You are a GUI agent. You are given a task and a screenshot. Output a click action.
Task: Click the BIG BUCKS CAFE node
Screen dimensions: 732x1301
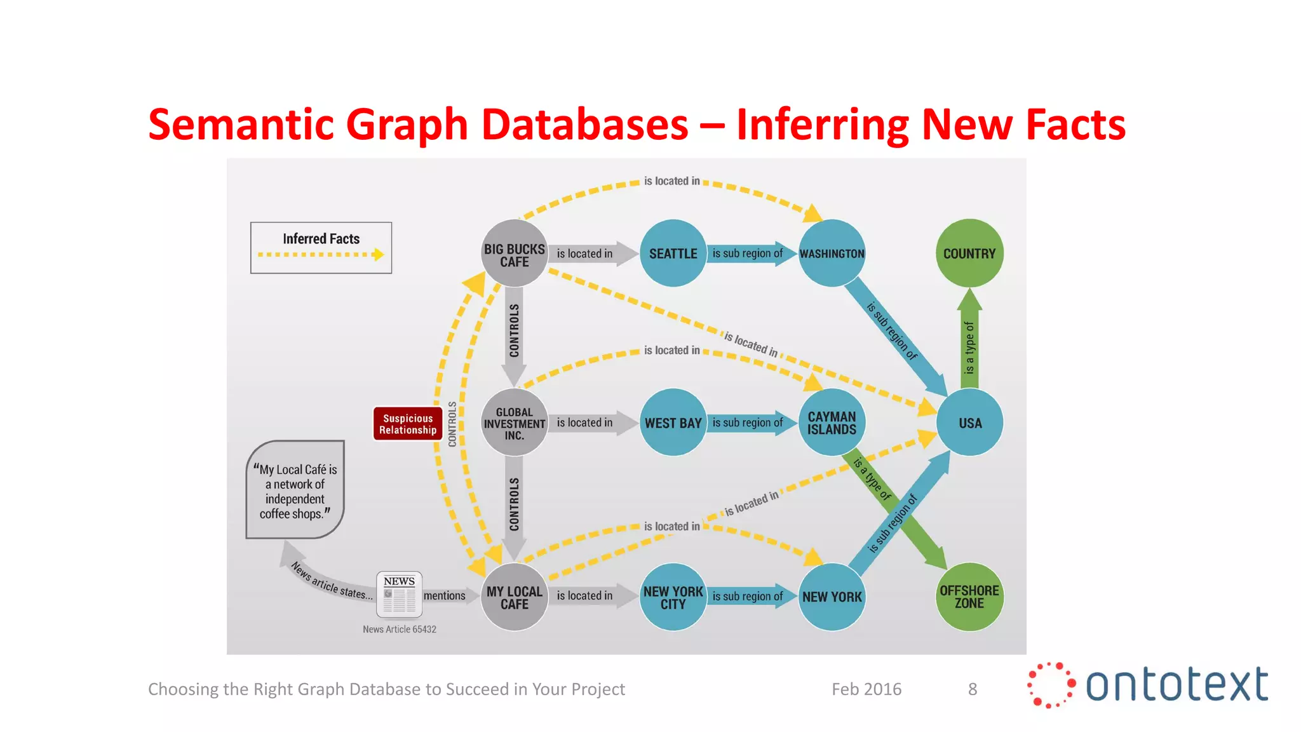pyautogui.click(x=514, y=254)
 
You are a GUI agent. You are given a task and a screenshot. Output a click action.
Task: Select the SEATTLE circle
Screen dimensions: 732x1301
pyautogui.click(x=673, y=254)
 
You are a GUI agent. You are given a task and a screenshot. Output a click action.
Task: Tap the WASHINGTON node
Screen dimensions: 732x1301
pyautogui.click(x=832, y=254)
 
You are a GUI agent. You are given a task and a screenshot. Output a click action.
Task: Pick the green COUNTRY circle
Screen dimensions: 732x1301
pyautogui.click(x=969, y=254)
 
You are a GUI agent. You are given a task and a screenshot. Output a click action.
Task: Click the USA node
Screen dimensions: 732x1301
pyautogui.click(x=969, y=423)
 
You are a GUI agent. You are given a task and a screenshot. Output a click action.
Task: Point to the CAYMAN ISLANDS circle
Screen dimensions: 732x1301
pyautogui.click(x=832, y=423)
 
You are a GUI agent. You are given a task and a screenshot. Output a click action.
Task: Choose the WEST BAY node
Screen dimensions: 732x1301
pyautogui.click(x=673, y=423)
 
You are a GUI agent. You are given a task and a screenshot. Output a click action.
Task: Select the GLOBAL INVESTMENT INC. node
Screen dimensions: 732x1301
pyautogui.click(x=514, y=423)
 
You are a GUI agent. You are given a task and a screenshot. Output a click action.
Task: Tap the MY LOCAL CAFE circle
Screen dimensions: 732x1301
pyautogui.click(x=514, y=597)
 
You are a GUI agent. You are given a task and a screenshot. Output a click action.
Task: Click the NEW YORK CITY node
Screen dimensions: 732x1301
pyautogui.click(x=673, y=597)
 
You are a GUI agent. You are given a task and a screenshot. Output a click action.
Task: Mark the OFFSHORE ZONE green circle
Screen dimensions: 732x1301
pyautogui.click(x=969, y=597)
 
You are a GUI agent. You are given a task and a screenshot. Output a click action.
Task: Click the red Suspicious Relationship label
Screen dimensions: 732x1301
pyautogui.click(x=407, y=424)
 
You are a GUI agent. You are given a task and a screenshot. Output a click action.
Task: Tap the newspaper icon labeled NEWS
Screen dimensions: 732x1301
pyautogui.click(x=399, y=595)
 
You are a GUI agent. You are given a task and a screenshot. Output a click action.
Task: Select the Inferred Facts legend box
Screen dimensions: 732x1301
pyautogui.click(x=321, y=248)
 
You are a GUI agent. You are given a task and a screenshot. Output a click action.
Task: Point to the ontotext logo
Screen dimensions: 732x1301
pyautogui.click(x=1147, y=685)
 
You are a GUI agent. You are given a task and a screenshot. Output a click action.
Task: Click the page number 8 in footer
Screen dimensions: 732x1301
pyautogui.click(x=972, y=689)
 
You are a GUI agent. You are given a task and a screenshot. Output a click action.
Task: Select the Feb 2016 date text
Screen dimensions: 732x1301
pyautogui.click(x=866, y=689)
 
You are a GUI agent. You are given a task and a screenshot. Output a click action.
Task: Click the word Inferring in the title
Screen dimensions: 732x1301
pyautogui.click(x=823, y=125)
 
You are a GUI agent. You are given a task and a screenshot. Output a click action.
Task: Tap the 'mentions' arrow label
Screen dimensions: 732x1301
pyautogui.click(x=444, y=595)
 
